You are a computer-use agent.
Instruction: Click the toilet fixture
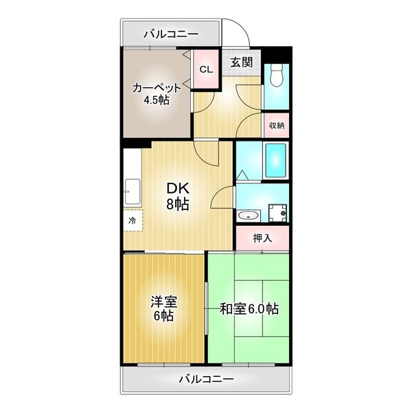(x=276, y=75)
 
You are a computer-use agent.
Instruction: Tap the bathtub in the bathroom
(x=275, y=160)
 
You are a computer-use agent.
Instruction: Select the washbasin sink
(x=249, y=216)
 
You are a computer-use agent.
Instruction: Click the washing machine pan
(x=277, y=213)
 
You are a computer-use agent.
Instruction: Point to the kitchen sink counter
(x=133, y=192)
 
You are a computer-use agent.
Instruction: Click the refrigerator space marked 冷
(x=133, y=220)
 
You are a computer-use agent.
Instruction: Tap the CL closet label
(x=206, y=69)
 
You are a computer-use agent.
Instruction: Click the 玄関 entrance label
(x=242, y=62)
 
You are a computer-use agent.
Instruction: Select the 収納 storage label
(x=277, y=126)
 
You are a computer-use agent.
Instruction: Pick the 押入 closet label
(x=262, y=238)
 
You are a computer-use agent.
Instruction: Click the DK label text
(x=178, y=188)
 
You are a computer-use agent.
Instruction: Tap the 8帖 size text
(x=178, y=204)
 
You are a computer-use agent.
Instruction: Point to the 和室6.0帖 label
(x=249, y=308)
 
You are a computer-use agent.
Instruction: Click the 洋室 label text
(x=164, y=302)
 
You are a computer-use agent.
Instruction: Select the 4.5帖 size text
(x=157, y=100)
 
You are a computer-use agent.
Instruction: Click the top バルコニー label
(x=171, y=34)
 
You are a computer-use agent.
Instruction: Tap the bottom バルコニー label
(x=206, y=379)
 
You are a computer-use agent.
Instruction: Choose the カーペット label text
(x=157, y=88)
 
